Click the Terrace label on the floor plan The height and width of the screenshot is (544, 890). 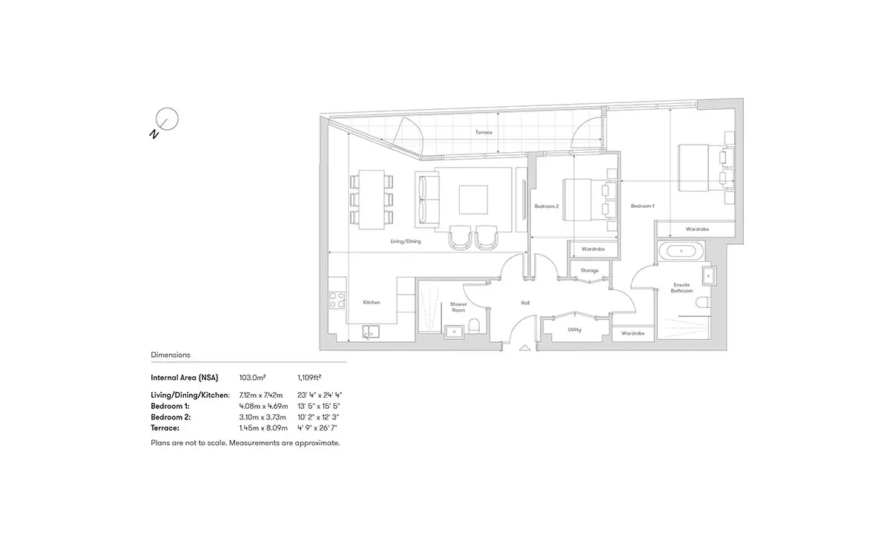[x=484, y=132]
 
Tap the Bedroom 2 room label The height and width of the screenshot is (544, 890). [x=547, y=206]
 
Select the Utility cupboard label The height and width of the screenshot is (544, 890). [x=574, y=330]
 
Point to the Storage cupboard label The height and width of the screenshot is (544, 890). [x=590, y=270]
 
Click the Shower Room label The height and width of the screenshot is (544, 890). [x=458, y=307]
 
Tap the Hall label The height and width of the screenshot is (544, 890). [x=525, y=303]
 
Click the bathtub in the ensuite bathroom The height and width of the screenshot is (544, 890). [x=681, y=251]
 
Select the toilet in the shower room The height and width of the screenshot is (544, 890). [x=475, y=326]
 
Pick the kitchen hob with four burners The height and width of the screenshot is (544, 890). [x=337, y=300]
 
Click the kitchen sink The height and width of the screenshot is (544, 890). [x=371, y=332]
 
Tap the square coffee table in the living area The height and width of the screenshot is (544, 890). [x=473, y=200]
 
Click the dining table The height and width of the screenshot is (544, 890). [x=372, y=200]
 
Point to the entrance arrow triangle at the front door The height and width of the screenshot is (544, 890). [x=525, y=348]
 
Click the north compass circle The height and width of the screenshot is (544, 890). [x=167, y=119]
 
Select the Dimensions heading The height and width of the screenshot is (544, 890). [x=171, y=355]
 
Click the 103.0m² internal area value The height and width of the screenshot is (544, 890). [x=252, y=377]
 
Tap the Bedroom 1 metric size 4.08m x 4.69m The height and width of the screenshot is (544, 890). [x=263, y=406]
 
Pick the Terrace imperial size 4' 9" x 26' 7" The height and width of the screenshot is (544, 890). [x=317, y=428]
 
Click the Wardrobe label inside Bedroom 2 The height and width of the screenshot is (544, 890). [x=593, y=249]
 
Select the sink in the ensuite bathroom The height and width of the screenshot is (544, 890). [x=708, y=275]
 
